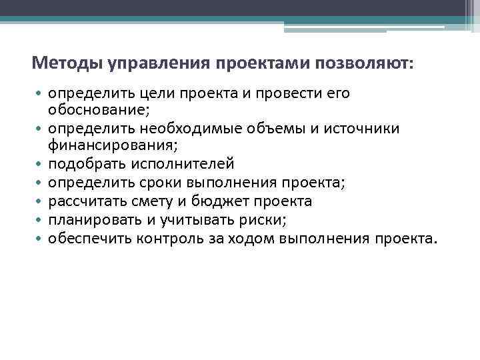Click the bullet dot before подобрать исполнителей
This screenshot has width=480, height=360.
(x=39, y=164)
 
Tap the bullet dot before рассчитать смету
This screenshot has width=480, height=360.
(x=39, y=201)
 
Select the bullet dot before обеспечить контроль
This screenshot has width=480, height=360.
(x=39, y=239)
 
